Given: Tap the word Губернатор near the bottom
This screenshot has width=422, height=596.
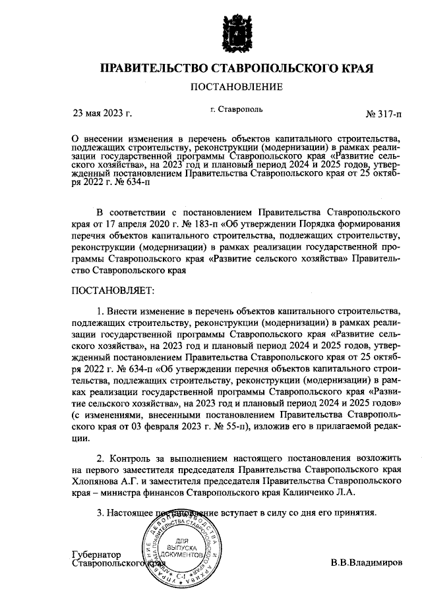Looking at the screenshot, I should [x=96, y=555].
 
